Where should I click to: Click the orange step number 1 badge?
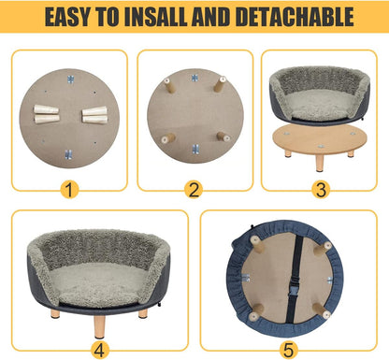tap(68, 191)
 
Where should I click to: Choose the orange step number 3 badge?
tap(321, 191)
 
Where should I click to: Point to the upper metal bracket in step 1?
tap(70, 84)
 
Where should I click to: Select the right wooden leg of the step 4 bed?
tap(143, 313)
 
